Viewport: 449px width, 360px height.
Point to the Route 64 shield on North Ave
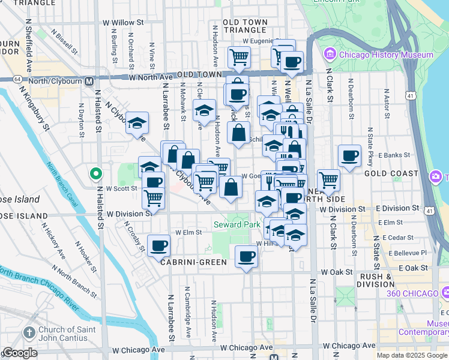point(17,79)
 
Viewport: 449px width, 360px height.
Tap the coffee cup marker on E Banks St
point(349,157)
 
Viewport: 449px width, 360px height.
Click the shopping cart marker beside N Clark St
point(328,179)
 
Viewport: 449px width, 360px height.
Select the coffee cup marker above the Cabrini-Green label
point(158,245)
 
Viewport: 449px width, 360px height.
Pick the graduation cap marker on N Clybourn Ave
point(137,123)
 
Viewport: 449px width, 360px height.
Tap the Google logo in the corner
point(20,353)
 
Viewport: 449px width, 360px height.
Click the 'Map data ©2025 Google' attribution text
point(411,355)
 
